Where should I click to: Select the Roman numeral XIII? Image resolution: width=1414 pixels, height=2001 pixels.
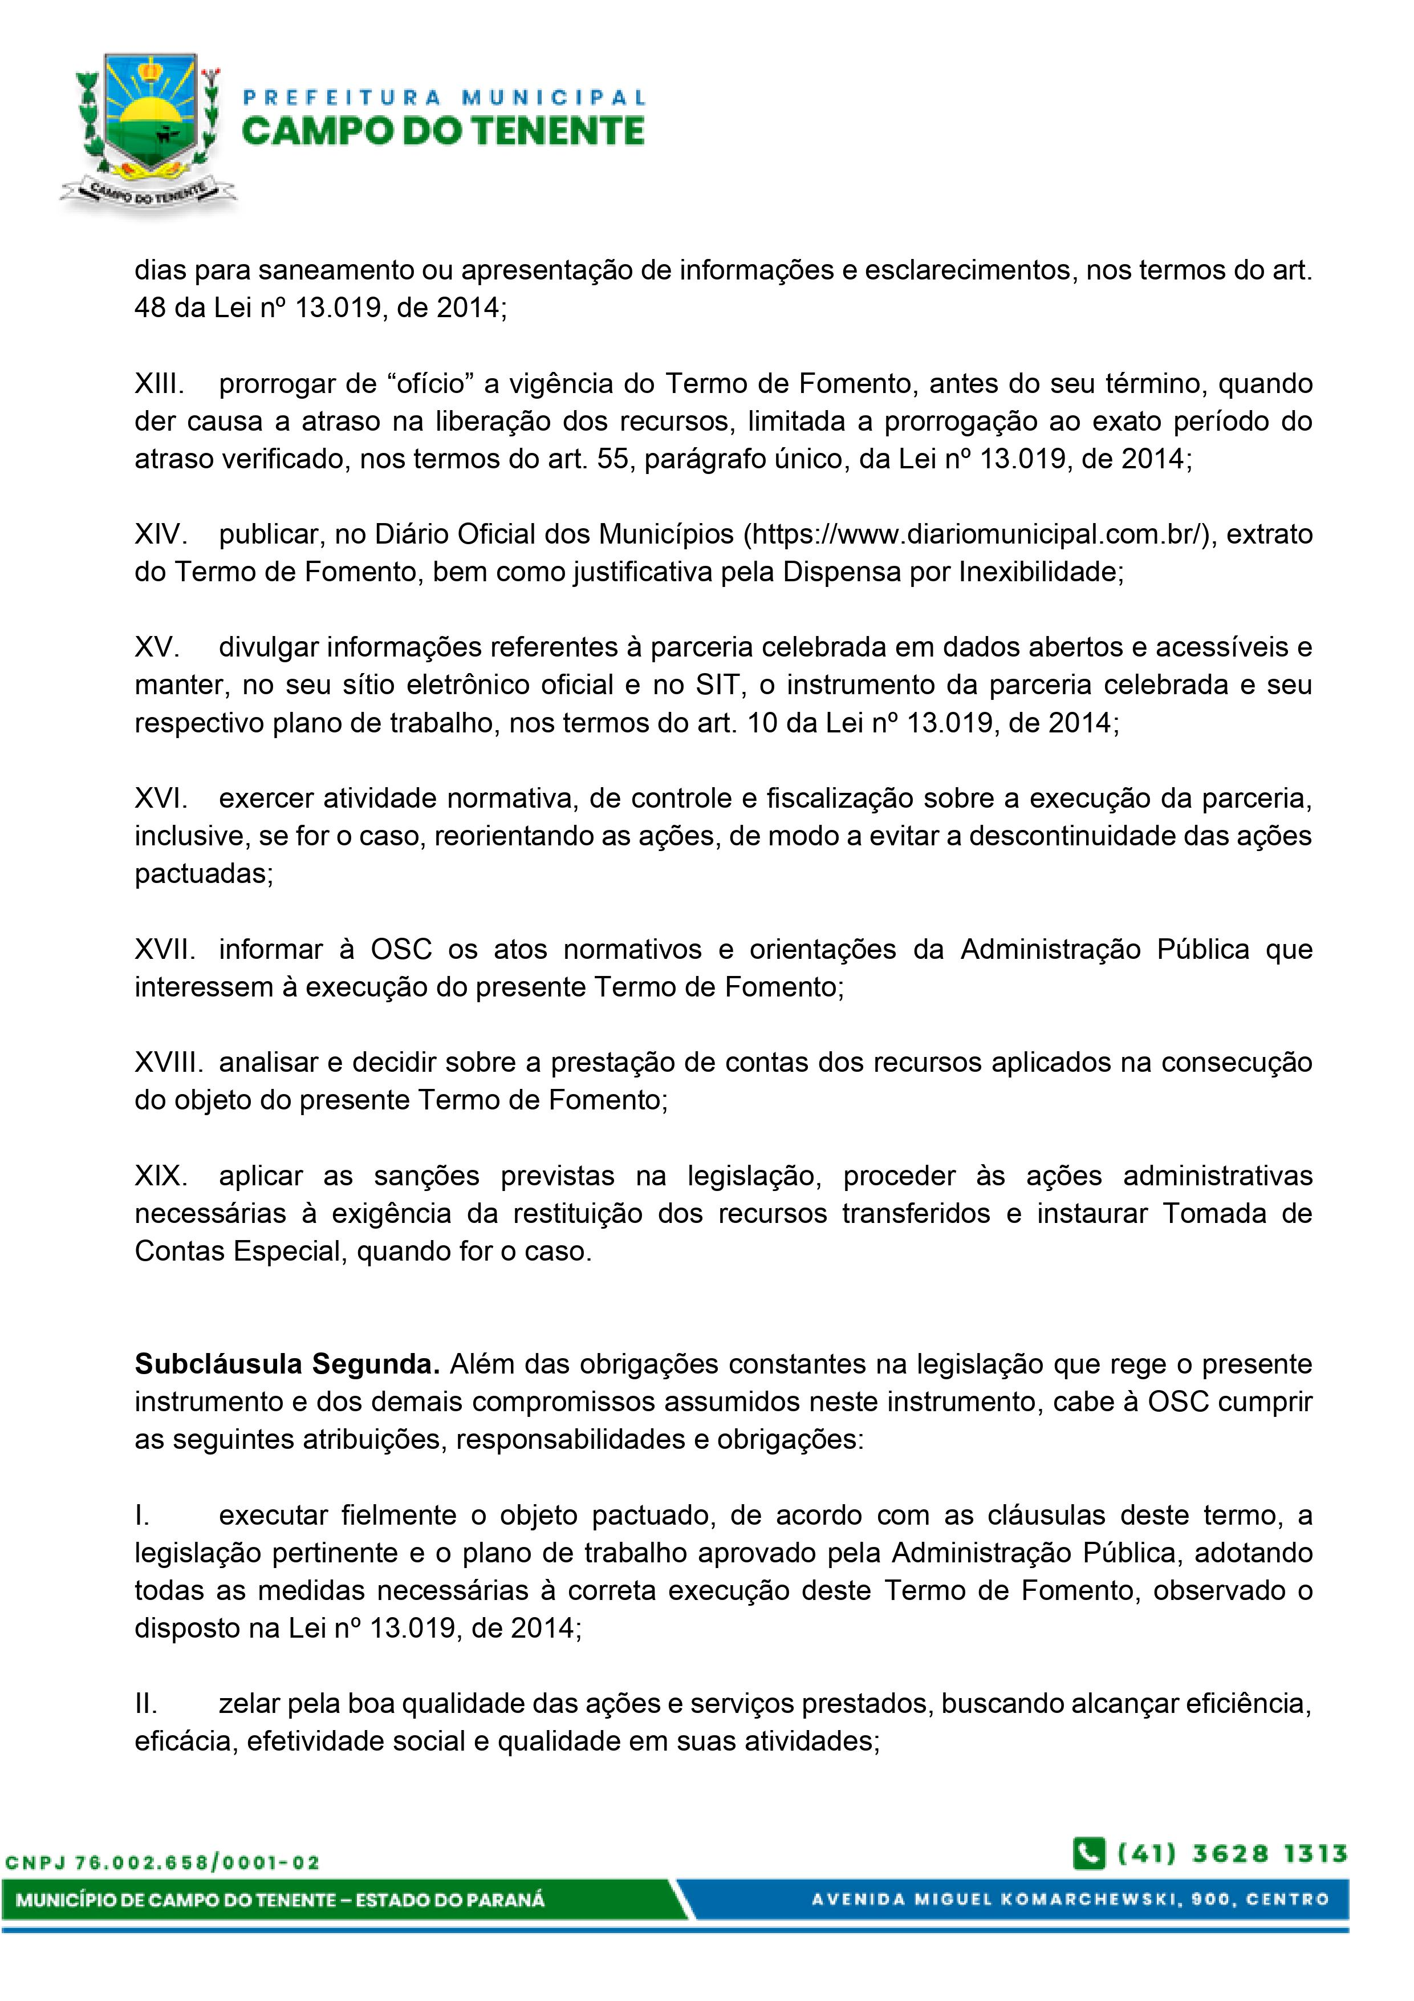click(159, 383)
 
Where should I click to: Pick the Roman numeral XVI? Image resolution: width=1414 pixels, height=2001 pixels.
click(160, 799)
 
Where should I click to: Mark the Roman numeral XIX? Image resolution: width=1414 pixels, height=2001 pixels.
click(160, 1176)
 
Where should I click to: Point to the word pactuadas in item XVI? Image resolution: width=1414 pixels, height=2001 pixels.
click(203, 873)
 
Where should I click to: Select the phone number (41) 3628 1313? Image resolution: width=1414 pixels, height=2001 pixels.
click(1232, 1854)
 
